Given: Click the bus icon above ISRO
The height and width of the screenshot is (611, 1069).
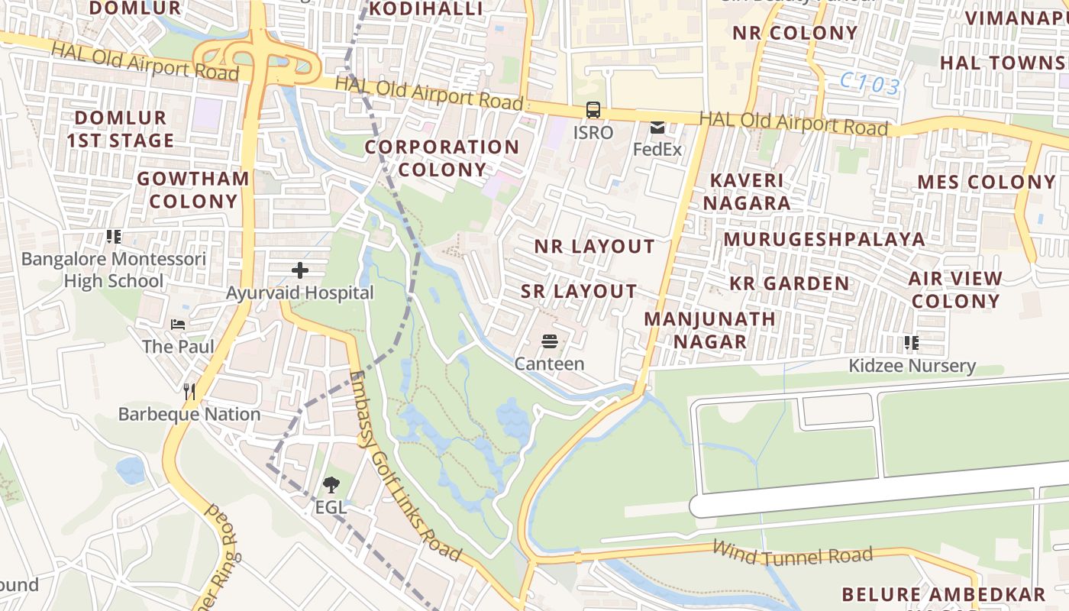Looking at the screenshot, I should [593, 110].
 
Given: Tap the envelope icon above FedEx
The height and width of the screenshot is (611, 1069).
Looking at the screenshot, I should [657, 128].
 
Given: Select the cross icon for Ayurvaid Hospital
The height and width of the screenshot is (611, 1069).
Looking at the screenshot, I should [300, 270].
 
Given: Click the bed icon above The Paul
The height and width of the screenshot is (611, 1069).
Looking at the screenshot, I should [178, 325].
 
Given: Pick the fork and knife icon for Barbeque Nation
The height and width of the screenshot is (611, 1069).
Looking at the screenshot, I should [189, 392].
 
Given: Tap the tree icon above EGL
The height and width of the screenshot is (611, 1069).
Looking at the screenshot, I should [331, 483].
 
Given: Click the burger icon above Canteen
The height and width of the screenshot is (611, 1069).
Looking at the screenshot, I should [549, 341].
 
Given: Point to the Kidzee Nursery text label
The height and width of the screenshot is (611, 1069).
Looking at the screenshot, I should [912, 366].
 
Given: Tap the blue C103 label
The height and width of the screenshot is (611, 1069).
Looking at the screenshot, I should [870, 84].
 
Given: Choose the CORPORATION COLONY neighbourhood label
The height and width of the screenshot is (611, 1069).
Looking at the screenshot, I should [441, 158].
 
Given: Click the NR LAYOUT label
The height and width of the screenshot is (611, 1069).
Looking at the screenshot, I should [594, 247].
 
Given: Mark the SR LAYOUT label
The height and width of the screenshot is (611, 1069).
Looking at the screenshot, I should [579, 291].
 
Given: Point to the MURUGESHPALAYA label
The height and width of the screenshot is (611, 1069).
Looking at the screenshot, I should [824, 239].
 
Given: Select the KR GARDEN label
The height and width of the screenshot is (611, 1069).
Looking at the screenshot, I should [789, 283].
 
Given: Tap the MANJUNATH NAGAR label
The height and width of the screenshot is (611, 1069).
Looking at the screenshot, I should [709, 330].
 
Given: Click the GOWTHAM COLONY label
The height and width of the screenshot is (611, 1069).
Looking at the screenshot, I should [193, 190].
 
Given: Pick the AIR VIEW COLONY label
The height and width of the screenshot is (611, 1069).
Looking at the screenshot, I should [955, 289].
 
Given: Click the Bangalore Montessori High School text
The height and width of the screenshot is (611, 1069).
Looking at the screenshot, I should [114, 270].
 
